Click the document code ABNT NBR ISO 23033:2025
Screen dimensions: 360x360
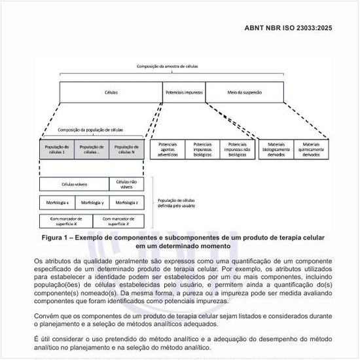(302, 29)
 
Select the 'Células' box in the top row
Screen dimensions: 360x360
(111, 92)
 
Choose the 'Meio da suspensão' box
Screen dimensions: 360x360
(243, 92)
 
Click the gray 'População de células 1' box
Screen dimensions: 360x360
(56, 150)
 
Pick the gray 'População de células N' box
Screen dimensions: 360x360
(127, 150)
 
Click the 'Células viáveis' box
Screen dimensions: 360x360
(74, 184)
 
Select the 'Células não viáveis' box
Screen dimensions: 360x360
(127, 184)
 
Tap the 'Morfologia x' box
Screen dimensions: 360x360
(56, 202)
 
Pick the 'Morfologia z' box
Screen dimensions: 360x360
(127, 202)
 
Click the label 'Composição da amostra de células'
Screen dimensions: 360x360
(171, 67)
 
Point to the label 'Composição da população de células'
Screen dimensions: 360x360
(90, 130)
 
